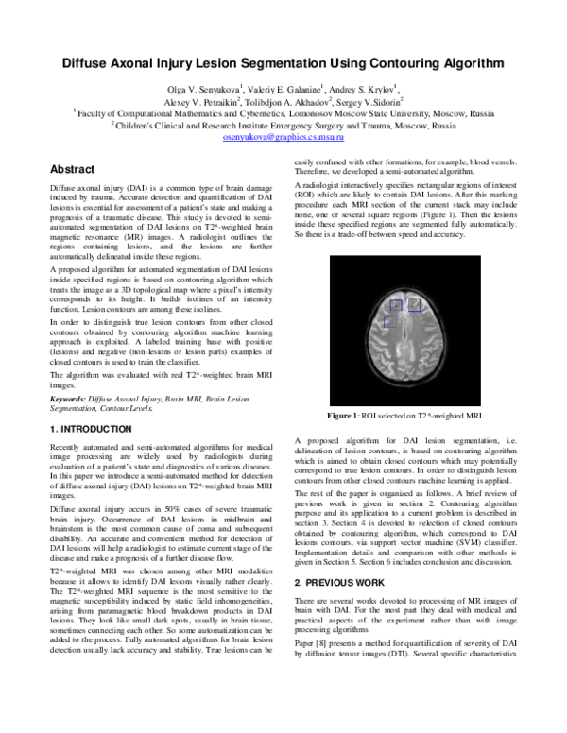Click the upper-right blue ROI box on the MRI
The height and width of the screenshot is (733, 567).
tap(413, 304)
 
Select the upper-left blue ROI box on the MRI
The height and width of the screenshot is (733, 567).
tap(397, 304)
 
